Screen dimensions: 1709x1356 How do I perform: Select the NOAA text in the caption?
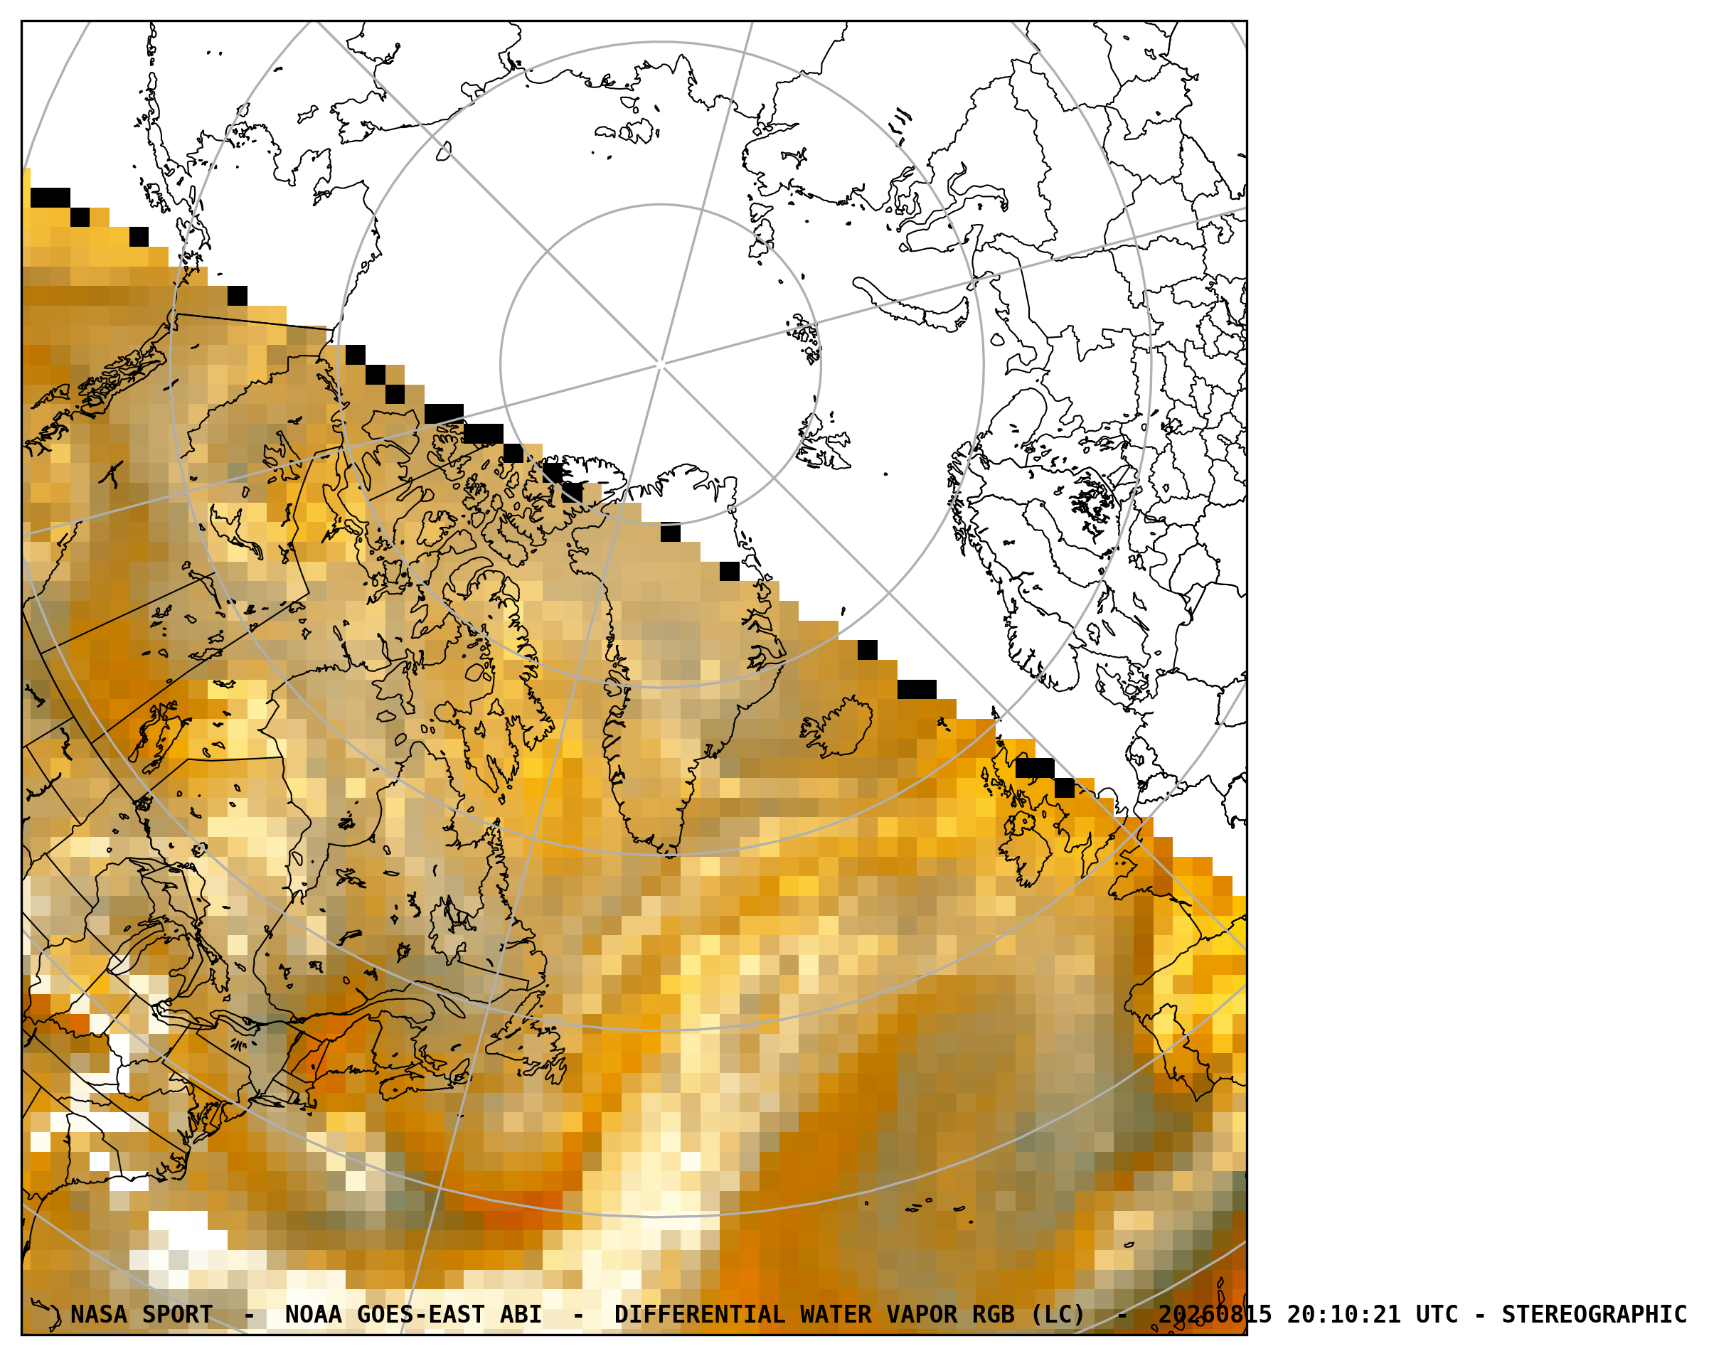click(313, 1314)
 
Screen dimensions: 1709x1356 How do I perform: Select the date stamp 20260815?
click(1215, 1314)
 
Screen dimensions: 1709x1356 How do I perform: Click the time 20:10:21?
click(1343, 1314)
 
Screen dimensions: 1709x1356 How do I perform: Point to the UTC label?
click(1437, 1314)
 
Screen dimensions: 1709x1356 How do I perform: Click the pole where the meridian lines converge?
click(660, 364)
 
